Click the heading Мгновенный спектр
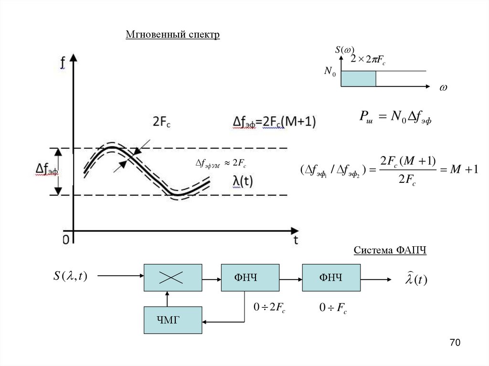172,35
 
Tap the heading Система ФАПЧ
390,251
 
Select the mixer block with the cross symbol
173,277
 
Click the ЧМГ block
173,319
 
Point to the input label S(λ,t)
70,276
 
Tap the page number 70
455,343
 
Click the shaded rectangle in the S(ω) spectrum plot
358,79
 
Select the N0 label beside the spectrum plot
330,72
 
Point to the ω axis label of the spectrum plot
443,89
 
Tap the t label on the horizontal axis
296,240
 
